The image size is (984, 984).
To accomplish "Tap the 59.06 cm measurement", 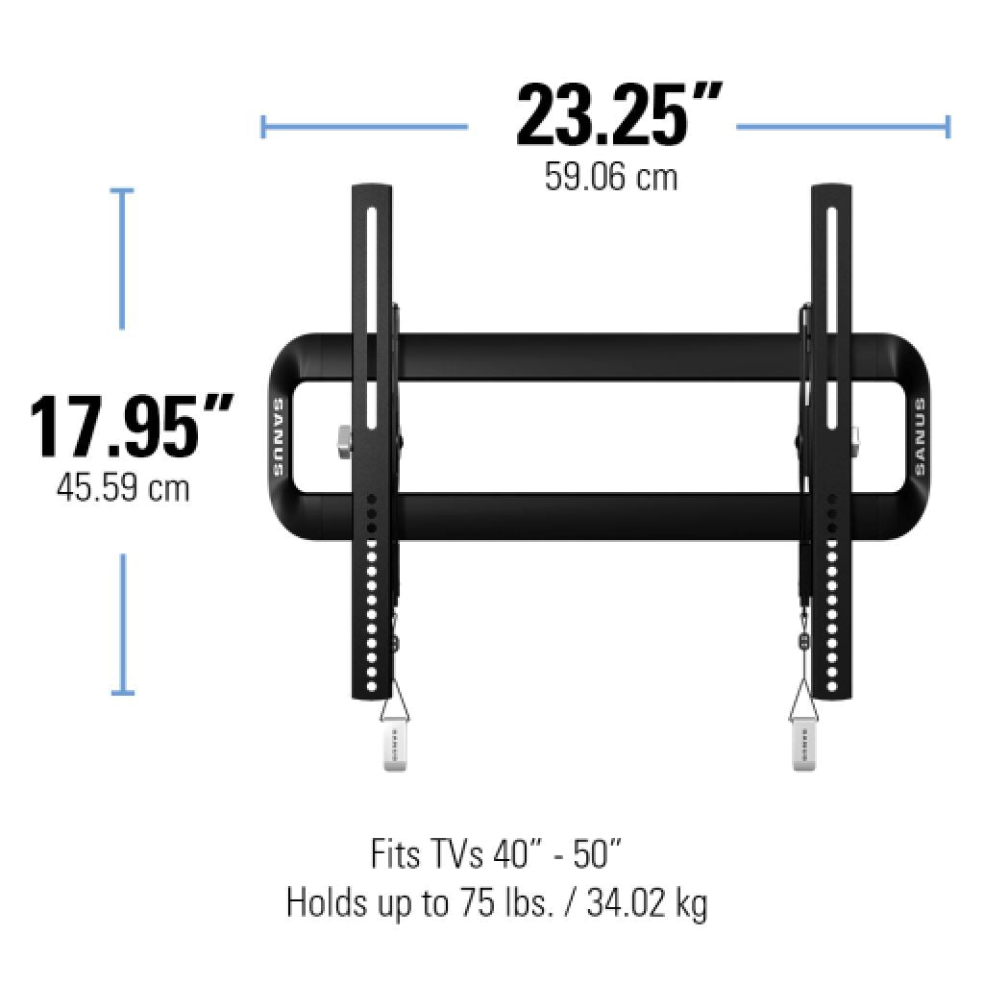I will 611,177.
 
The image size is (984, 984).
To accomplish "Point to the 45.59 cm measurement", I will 123,488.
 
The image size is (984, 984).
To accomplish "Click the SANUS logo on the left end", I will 278,437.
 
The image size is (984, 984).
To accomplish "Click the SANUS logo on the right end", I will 919,437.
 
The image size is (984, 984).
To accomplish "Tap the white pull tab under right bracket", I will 802,746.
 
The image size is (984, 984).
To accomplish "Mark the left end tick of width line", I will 263,126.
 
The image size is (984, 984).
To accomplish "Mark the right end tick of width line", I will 947,126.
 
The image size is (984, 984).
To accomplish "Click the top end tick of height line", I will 121,191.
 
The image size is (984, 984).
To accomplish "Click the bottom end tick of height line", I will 121,691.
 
